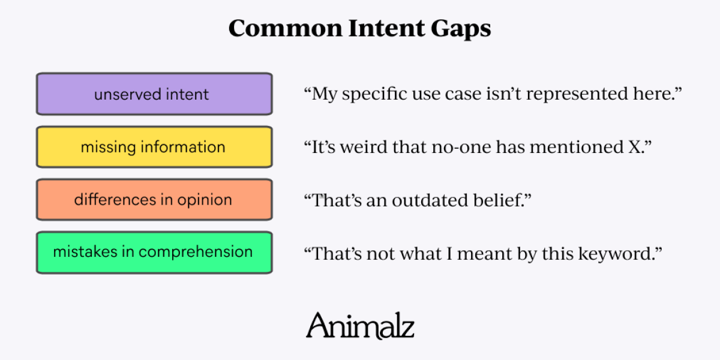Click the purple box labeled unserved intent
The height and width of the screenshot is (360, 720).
(x=154, y=94)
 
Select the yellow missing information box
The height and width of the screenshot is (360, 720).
(x=154, y=147)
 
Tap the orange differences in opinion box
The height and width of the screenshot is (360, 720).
(x=154, y=200)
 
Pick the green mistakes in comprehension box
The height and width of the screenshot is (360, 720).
(x=154, y=253)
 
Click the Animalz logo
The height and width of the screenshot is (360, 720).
(x=360, y=325)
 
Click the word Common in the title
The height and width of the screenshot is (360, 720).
(x=286, y=28)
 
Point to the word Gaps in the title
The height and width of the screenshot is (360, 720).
(x=461, y=29)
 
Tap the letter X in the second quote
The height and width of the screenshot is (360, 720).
(x=635, y=147)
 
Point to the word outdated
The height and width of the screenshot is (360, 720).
(x=430, y=200)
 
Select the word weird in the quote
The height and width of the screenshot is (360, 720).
(x=364, y=147)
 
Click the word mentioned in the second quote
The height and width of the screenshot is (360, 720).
(x=577, y=147)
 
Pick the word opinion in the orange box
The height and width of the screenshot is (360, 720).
(x=205, y=200)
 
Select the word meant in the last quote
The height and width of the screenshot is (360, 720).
(x=484, y=254)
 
